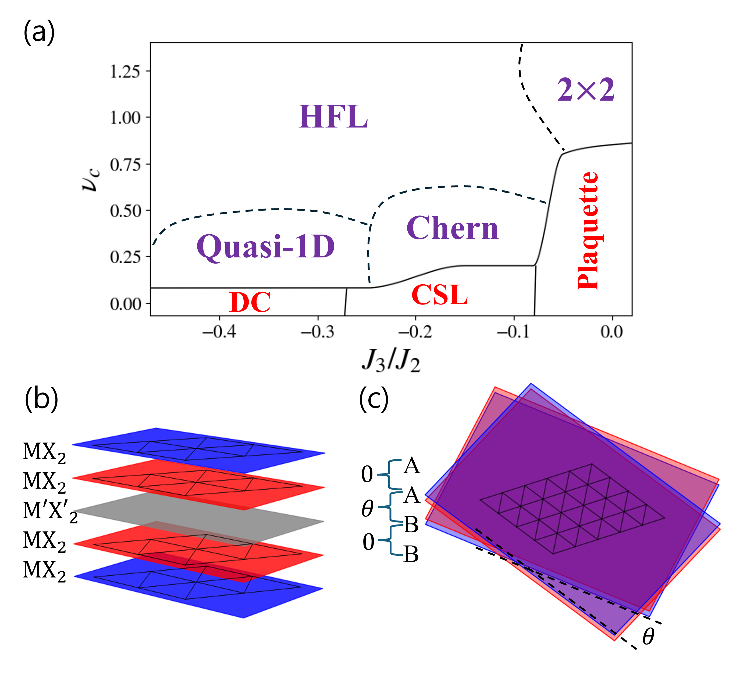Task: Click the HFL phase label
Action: coord(333,117)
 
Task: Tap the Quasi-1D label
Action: coord(266,247)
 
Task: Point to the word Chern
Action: coord(452,228)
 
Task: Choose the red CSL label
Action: coord(439,295)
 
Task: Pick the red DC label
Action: coord(250,302)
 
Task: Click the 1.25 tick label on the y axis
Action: coord(125,71)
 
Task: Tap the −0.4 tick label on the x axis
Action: coord(219,332)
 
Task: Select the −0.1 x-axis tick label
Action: coord(513,332)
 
